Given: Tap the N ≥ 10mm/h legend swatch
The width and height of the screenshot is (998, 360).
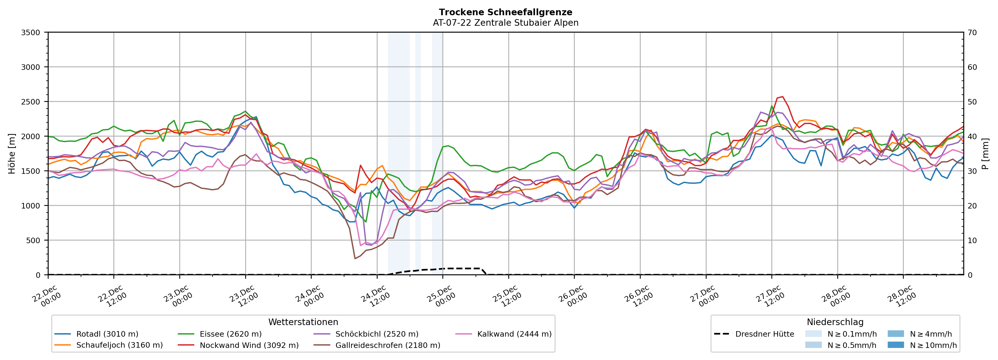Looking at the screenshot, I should pos(895,345).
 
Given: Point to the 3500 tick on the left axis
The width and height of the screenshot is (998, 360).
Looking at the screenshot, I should pos(31,33).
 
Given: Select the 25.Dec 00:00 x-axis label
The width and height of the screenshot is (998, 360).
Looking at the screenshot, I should pos(442,296).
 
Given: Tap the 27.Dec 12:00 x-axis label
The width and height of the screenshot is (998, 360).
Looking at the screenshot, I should pos(771,296).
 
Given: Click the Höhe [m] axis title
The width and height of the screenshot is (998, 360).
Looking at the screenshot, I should pos(12,153).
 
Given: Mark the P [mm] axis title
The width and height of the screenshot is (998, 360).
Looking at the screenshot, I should pos(986,153).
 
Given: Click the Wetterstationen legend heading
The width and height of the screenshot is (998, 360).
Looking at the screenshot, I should pos(303,322).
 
